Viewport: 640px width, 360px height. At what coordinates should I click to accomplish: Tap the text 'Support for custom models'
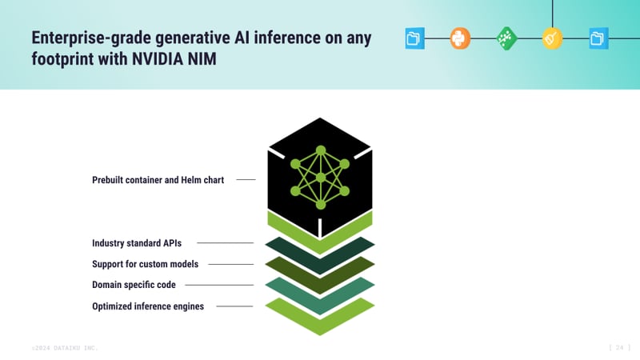click(145, 263)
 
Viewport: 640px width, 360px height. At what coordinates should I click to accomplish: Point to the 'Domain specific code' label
click(134, 284)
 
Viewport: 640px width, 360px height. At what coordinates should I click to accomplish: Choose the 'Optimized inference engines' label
click(148, 306)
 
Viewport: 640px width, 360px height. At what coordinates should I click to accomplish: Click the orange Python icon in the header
click(460, 38)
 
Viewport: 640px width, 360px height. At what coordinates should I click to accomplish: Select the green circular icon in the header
click(506, 38)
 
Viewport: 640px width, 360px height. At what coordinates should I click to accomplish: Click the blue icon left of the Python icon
click(414, 38)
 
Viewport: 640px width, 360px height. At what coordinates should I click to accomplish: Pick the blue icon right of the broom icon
click(598, 38)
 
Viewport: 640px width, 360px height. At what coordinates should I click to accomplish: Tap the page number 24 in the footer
click(620, 347)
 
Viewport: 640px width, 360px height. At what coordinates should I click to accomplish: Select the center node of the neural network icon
click(320, 177)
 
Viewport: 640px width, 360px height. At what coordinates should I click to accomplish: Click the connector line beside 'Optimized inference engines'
click(234, 306)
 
